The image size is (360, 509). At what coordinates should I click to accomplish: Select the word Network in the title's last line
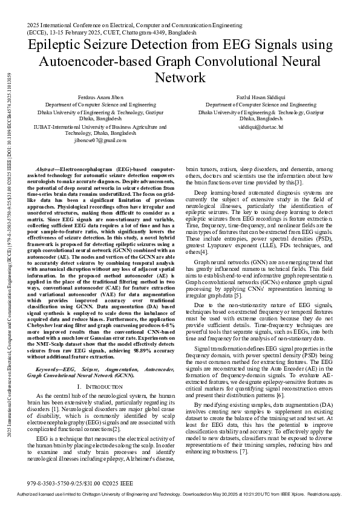click(x=180, y=79)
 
